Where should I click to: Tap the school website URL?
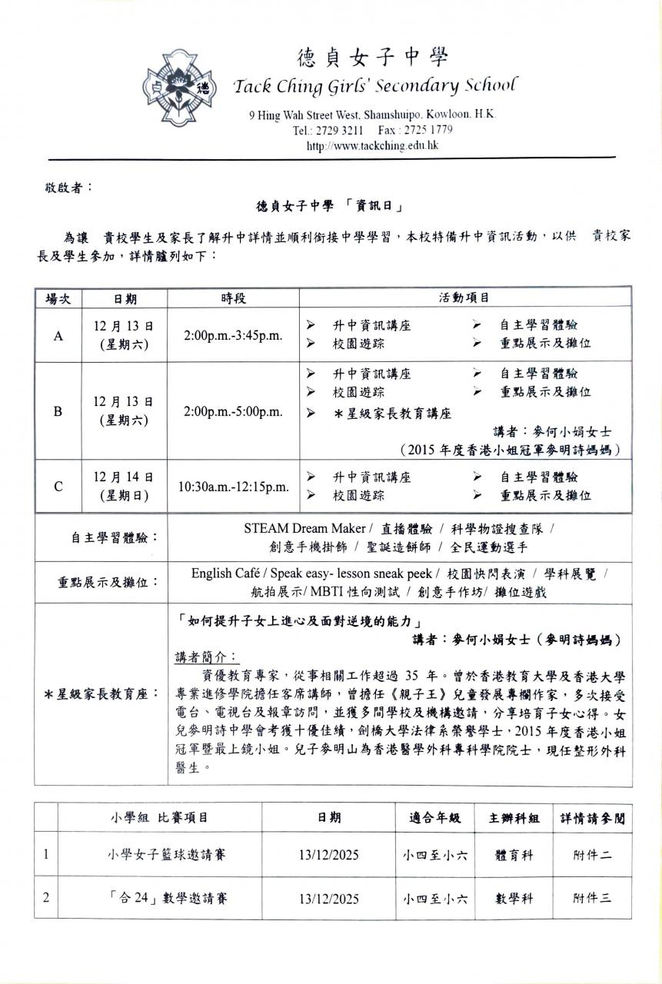372,145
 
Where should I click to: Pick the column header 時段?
233,298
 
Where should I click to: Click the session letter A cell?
58,335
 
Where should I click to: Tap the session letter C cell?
58,486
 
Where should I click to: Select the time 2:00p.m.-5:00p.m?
233,411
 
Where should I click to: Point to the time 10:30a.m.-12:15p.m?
233,487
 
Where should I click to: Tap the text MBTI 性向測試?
358,591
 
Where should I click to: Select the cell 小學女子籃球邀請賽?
159,854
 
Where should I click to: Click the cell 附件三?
592,897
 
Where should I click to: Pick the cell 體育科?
514,854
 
